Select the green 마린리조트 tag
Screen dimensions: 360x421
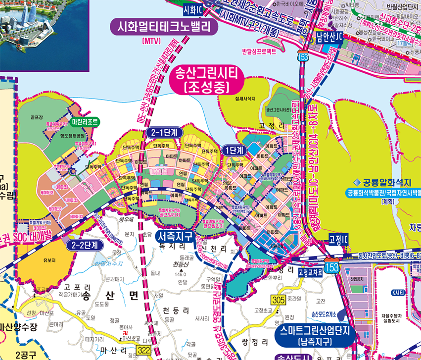click(x=86, y=121)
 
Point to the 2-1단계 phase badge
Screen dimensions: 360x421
click(x=165, y=132)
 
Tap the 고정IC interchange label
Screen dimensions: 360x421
click(x=339, y=239)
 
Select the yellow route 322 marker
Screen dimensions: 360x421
click(x=144, y=350)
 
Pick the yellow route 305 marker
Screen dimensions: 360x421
click(x=279, y=299)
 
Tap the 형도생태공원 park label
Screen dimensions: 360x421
click(x=59, y=134)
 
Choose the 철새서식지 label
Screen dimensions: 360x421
click(x=245, y=99)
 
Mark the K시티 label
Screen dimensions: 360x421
click(x=398, y=293)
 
